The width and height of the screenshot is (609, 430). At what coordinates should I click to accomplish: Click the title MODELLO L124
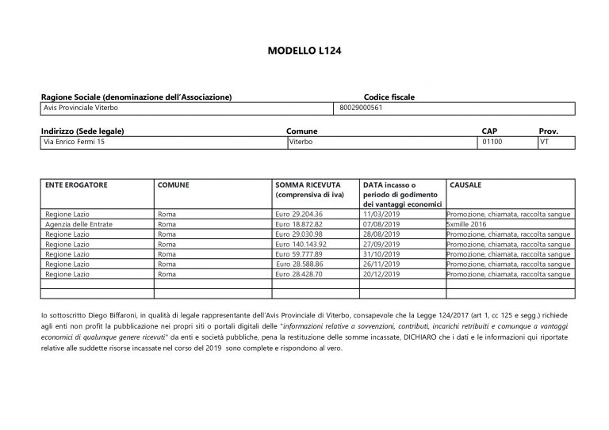click(x=304, y=51)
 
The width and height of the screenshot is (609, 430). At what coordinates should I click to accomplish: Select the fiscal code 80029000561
click(x=361, y=107)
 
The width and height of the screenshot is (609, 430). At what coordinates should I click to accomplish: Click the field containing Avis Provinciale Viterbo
click(x=80, y=107)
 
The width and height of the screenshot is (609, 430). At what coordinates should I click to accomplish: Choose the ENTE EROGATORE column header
click(x=76, y=184)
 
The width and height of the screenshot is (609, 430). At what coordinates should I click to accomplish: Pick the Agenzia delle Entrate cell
click(x=79, y=224)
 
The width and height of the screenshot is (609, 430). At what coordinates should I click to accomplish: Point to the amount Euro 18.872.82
click(x=301, y=224)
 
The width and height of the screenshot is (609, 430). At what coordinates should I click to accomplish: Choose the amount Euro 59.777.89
click(x=301, y=253)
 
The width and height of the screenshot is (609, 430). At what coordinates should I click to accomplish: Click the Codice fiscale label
click(x=389, y=97)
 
